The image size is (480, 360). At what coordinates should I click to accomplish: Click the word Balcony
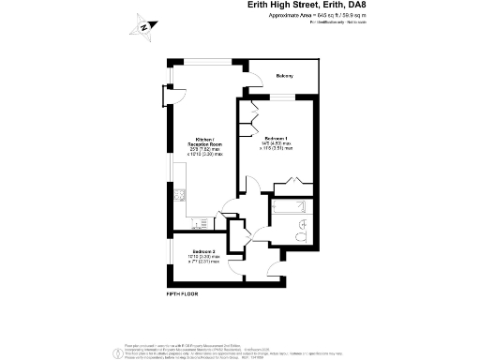[284, 76]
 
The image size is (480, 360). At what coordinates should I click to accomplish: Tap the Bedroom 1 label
[276, 137]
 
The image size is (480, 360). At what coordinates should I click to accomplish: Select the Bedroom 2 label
[204, 252]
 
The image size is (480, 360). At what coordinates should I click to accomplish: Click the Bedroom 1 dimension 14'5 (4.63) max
[276, 142]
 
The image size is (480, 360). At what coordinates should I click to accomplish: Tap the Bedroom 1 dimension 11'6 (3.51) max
[276, 147]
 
